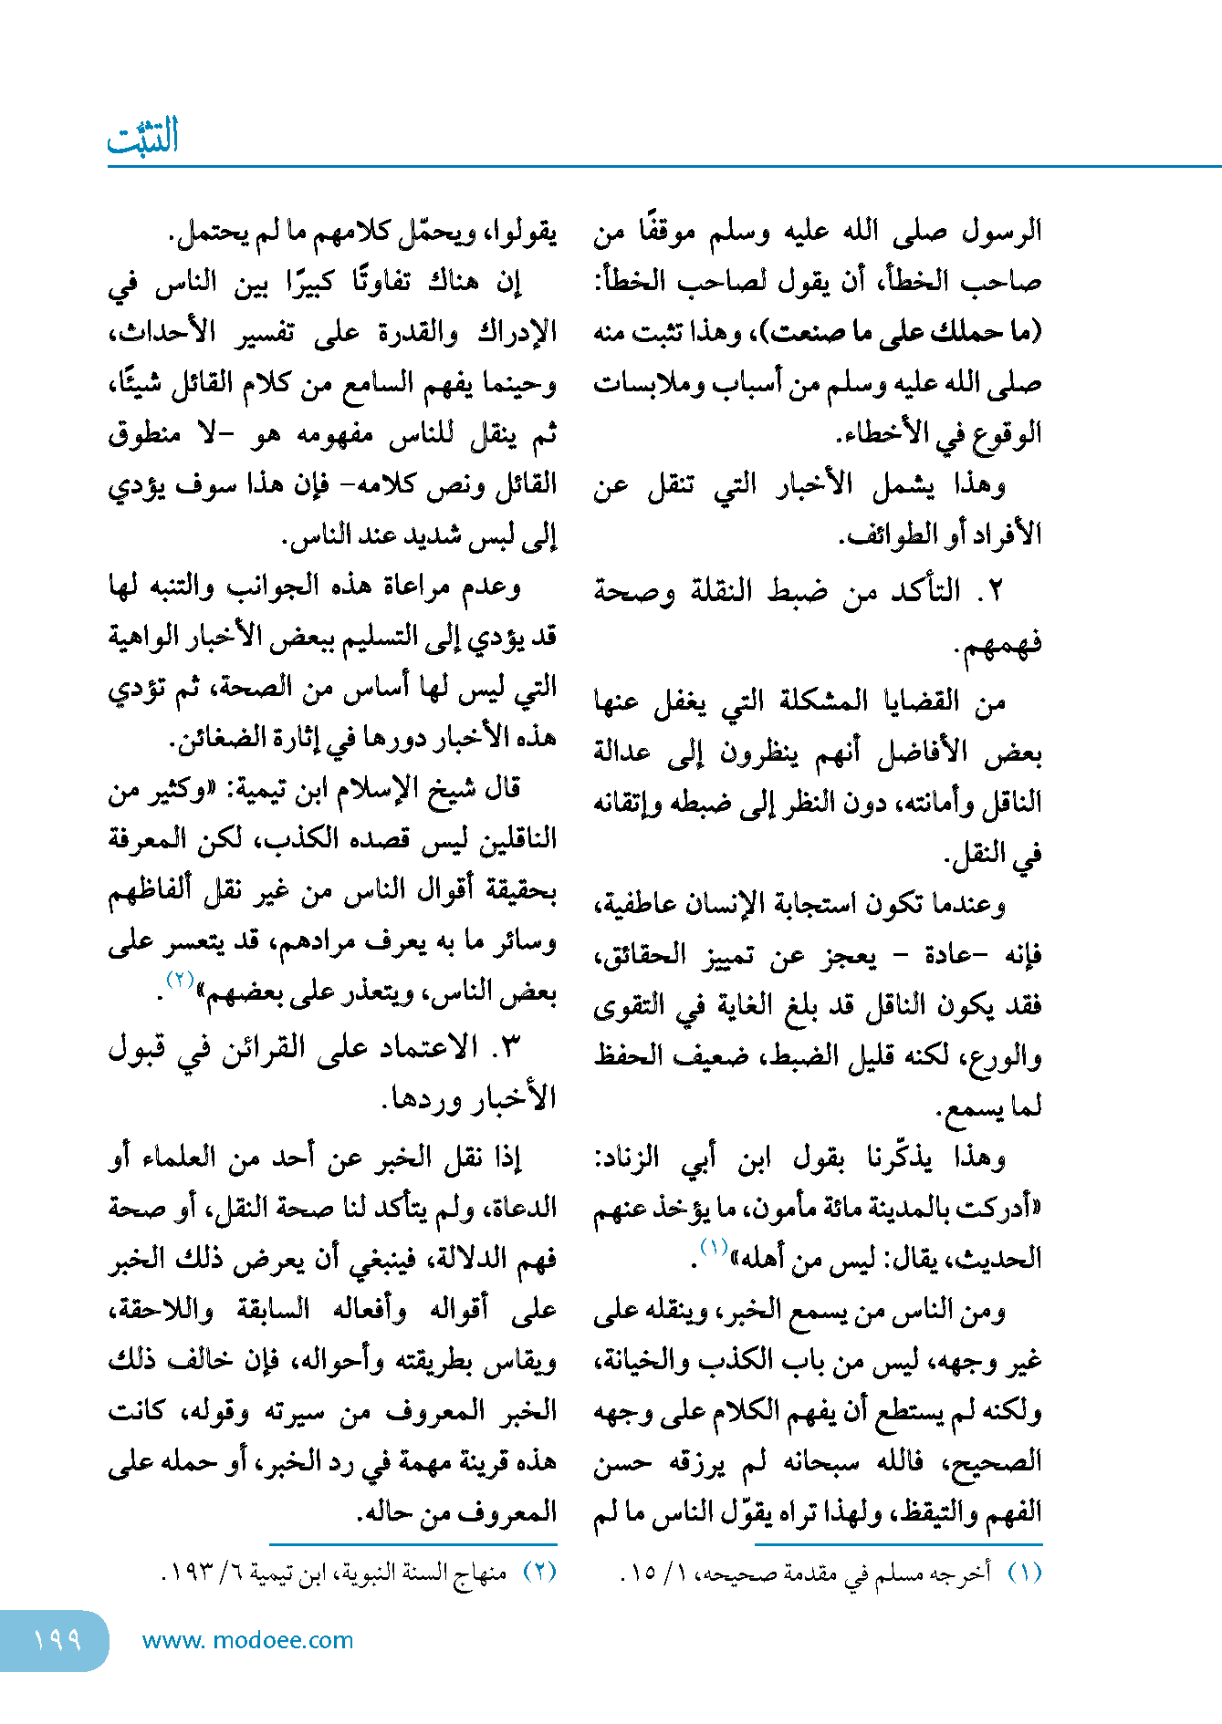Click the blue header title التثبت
[x=143, y=138]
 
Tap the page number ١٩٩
[x=57, y=1640]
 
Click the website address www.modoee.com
[x=247, y=1640]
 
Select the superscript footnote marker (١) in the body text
[x=713, y=1247]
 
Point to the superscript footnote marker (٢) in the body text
[x=179, y=979]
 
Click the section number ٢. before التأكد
[x=991, y=591]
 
